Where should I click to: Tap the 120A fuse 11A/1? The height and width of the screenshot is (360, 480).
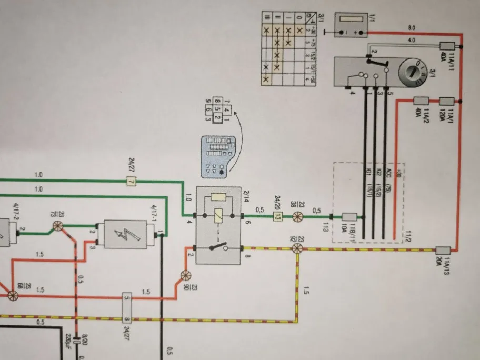(447, 101)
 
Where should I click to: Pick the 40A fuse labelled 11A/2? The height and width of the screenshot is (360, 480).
(422, 101)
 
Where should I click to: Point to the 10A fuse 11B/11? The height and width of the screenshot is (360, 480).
(350, 216)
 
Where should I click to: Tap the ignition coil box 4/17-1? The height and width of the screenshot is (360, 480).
(128, 233)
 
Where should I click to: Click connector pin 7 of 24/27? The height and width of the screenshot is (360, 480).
(131, 182)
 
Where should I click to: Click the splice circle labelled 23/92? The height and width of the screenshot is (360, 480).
(297, 247)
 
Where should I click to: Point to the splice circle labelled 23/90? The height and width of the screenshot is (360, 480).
(184, 275)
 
